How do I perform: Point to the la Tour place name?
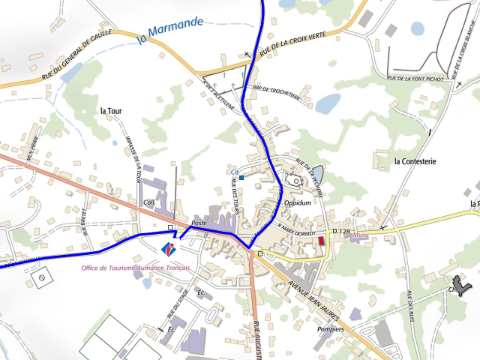pyautogui.click(x=110, y=110)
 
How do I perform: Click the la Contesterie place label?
pyautogui.click(x=415, y=160)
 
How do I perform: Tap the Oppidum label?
pyautogui.click(x=298, y=202)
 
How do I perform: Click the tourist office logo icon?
pyautogui.click(x=169, y=248)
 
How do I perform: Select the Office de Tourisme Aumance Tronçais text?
pyautogui.click(x=136, y=268)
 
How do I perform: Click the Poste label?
pyautogui.click(x=199, y=223)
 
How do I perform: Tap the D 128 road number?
pyautogui.click(x=341, y=230)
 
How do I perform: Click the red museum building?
pyautogui.click(x=322, y=241)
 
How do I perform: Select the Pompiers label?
pyautogui.click(x=330, y=328)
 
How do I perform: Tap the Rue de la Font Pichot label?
pyautogui.click(x=415, y=78)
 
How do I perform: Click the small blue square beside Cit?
pyautogui.click(x=242, y=178)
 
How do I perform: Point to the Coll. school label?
pyautogui.click(x=148, y=202)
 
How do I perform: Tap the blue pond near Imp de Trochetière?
pyautogui.click(x=328, y=103)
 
